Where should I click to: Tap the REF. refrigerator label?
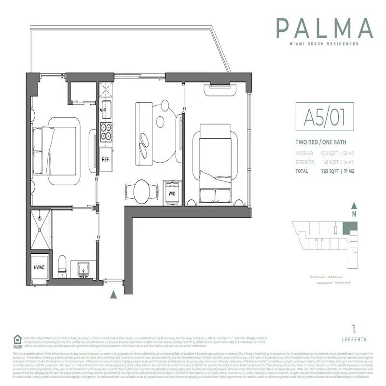pos(105,159)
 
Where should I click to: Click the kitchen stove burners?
pos(106,131)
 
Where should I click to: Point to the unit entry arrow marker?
pos(113,294)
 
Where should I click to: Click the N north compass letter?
pos(354,213)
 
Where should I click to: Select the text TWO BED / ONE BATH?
pos(321,143)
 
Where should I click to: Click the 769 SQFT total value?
pos(332,171)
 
